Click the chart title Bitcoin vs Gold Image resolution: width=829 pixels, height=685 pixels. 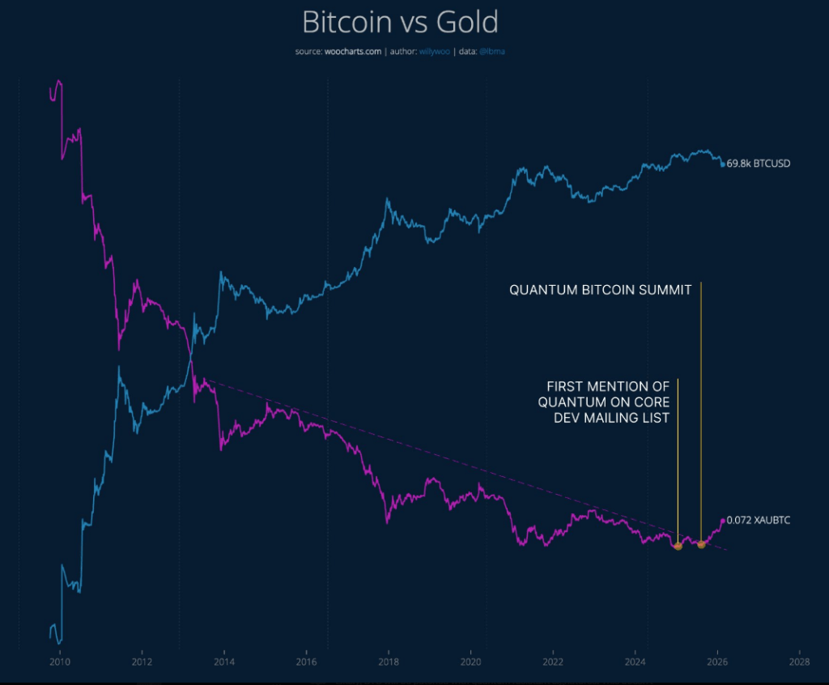pyautogui.click(x=400, y=22)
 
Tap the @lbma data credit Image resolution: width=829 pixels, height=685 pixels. pyautogui.click(x=494, y=52)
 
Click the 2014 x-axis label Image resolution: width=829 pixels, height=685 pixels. pyautogui.click(x=224, y=661)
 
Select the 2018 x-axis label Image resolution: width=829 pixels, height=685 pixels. pyautogui.click(x=389, y=661)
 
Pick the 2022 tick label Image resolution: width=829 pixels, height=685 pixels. pyautogui.click(x=553, y=661)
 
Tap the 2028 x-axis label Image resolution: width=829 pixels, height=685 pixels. pyautogui.click(x=800, y=661)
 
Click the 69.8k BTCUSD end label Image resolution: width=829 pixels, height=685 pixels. pyautogui.click(x=759, y=164)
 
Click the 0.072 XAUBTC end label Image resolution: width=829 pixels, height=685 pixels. pyautogui.click(x=759, y=520)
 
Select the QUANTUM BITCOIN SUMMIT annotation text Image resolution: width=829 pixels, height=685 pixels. pyautogui.click(x=600, y=290)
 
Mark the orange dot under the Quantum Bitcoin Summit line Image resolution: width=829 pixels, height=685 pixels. pyautogui.click(x=701, y=544)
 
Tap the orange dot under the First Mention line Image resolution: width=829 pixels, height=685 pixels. pyautogui.click(x=678, y=547)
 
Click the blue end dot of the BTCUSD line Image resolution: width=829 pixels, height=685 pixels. pyautogui.click(x=723, y=164)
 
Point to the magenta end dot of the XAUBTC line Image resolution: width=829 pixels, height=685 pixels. pyautogui.click(x=723, y=521)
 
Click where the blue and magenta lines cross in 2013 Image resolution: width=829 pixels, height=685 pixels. pyautogui.click(x=191, y=354)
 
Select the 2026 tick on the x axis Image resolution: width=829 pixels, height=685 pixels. pyautogui.click(x=717, y=661)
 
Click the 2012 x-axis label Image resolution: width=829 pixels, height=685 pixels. pyautogui.click(x=142, y=661)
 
